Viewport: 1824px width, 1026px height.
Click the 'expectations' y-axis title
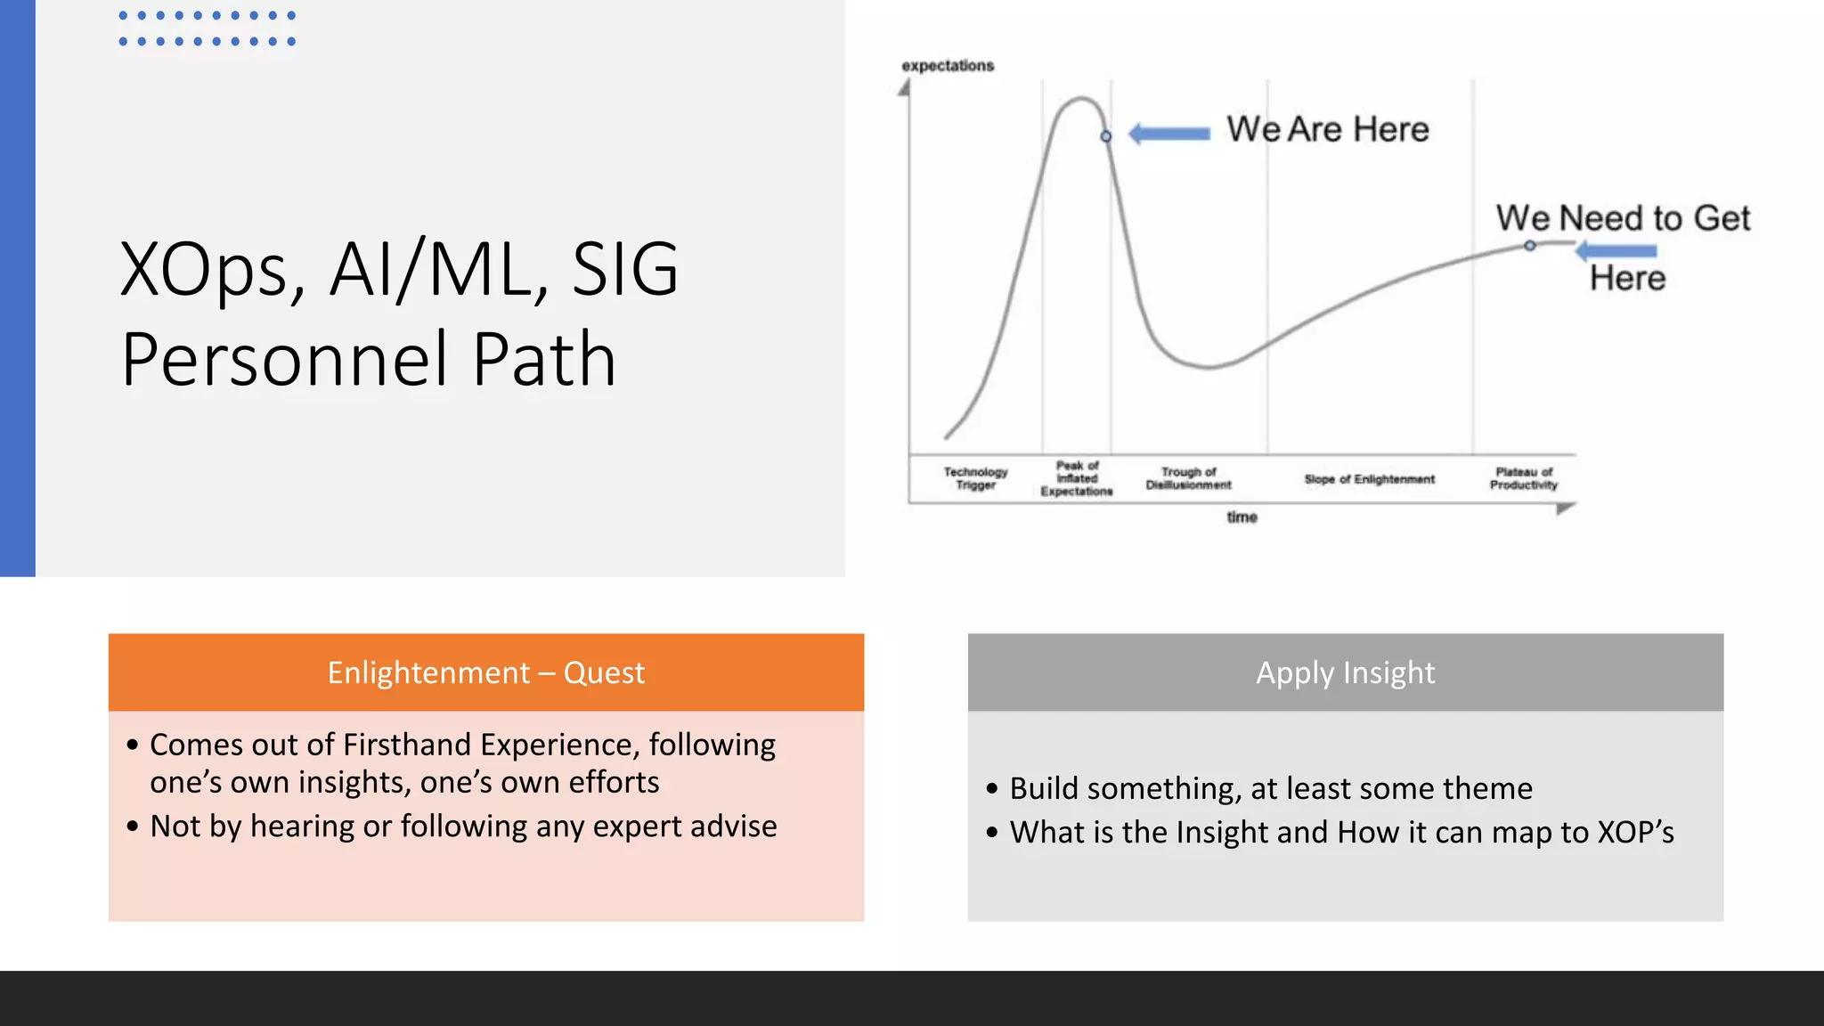(948, 66)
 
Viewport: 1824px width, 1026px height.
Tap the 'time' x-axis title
(1242, 517)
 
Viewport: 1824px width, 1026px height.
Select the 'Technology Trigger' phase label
(975, 478)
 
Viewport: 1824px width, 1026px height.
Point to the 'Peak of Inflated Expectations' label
(1077, 478)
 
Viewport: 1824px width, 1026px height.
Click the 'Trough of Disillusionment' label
(1188, 478)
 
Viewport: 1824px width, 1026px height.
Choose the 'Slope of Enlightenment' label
(1369, 479)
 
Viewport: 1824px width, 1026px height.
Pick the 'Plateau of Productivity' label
(1524, 478)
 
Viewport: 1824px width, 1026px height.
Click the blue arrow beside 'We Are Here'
(1169, 134)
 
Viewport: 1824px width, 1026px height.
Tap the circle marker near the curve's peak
(1106, 136)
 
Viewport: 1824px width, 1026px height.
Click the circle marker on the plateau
(1529, 246)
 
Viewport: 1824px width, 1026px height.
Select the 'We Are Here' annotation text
(1327, 129)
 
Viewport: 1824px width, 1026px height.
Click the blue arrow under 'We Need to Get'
(1616, 251)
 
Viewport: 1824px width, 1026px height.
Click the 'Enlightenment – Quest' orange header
(485, 672)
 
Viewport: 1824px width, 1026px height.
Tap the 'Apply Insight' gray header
(1345, 672)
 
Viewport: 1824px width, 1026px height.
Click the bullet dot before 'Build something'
(992, 789)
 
